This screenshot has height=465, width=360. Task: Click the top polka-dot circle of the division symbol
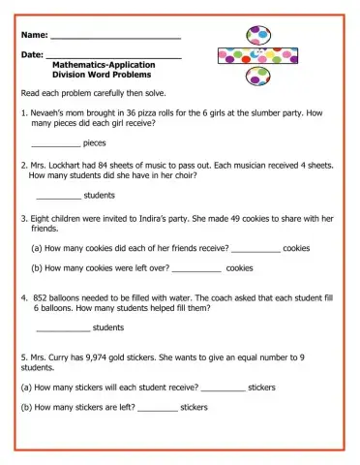click(x=258, y=37)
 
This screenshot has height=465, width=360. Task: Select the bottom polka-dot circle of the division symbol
click(x=258, y=77)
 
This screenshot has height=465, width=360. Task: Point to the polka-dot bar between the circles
click(x=257, y=56)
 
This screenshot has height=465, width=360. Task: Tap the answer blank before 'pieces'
click(x=55, y=144)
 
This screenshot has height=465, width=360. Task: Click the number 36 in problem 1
click(x=119, y=113)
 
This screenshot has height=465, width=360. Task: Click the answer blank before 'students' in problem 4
click(x=61, y=328)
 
